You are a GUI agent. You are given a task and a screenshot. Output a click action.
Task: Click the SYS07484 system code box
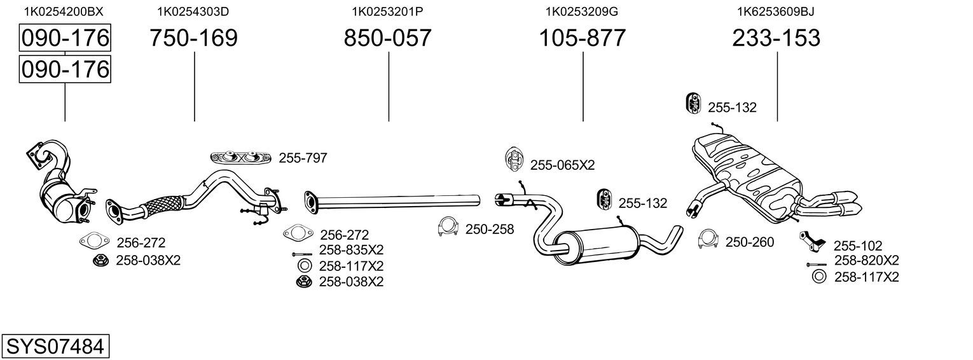click(x=55, y=346)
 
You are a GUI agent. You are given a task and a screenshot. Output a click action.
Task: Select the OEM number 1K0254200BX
click(x=64, y=11)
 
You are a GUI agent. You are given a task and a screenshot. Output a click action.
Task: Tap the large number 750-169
click(x=194, y=38)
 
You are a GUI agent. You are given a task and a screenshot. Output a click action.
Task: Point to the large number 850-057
click(x=387, y=38)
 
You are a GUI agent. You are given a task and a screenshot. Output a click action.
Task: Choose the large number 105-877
click(x=582, y=38)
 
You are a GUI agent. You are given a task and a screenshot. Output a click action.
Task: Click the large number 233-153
click(x=776, y=38)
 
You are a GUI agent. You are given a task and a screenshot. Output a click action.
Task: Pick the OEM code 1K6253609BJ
click(x=776, y=11)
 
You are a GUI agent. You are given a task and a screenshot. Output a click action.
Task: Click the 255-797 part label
click(x=303, y=158)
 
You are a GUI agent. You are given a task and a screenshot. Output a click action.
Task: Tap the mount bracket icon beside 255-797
click(x=241, y=158)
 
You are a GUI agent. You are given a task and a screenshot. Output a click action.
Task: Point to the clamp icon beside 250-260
click(x=708, y=239)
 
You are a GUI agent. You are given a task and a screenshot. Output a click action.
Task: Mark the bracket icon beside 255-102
click(x=811, y=241)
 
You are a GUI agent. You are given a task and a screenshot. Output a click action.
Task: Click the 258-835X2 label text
click(x=352, y=250)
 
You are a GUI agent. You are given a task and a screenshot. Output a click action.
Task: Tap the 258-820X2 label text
click(x=867, y=261)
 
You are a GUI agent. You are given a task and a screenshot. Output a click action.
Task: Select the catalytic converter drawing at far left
click(x=61, y=183)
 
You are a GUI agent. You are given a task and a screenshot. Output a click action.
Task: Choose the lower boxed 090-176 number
click(x=65, y=69)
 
